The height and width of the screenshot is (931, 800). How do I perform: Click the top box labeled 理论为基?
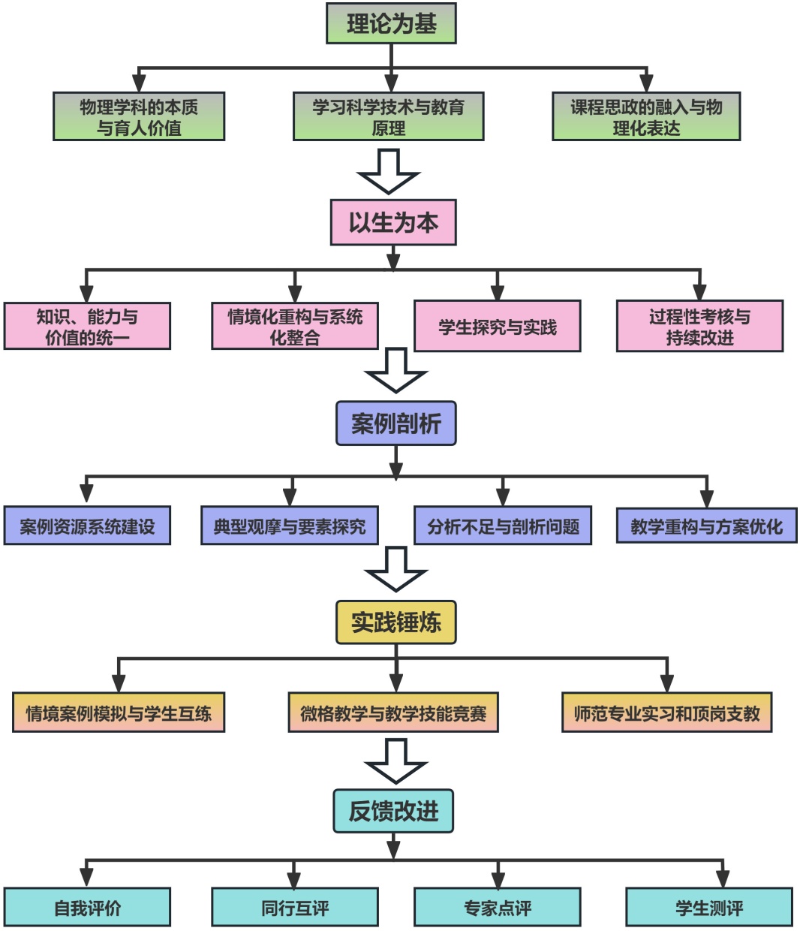pos(391,24)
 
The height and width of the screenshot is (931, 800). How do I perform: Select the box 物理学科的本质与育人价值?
pos(139,117)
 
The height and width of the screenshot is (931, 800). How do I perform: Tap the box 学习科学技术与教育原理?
pos(388,117)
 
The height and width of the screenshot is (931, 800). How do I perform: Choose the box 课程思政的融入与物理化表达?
pos(646,117)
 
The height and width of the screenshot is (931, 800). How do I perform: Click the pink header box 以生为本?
pos(393,223)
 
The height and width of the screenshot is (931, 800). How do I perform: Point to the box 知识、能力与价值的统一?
pos(87,327)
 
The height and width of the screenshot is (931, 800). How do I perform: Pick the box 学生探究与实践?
pos(498,327)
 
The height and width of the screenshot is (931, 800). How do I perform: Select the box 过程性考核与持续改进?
pos(699,327)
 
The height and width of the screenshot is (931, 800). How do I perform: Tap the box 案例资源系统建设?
pos(87,526)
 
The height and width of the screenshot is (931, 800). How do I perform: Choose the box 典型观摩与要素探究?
pos(290,526)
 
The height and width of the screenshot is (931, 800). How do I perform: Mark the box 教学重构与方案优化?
pos(706,526)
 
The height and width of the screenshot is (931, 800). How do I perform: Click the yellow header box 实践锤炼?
pos(395,622)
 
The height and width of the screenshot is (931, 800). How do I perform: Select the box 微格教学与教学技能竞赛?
pos(393,713)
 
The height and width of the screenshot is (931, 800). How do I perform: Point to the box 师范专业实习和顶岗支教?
pos(667,713)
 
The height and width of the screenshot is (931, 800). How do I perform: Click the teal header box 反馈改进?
pos(393,812)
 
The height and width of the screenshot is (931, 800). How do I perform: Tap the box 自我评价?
pos(87,908)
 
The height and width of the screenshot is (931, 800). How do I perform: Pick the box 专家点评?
pos(498,908)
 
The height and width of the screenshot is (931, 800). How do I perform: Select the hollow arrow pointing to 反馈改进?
pos(395,761)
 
